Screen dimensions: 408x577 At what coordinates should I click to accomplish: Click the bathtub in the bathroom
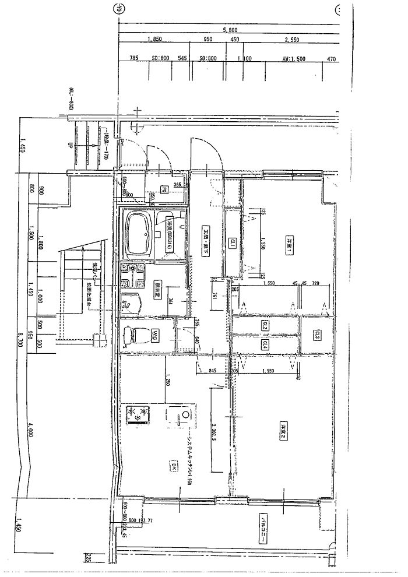[x=138, y=233]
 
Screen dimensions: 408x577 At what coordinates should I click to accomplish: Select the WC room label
[x=156, y=336]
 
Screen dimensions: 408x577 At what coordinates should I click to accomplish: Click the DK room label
[x=174, y=465]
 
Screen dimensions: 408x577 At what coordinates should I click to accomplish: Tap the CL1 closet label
[x=232, y=243]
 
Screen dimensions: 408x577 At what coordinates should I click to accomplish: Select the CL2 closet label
[x=264, y=327]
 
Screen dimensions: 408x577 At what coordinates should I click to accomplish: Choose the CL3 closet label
[x=317, y=335]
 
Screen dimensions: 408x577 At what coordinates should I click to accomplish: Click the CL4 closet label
[x=264, y=344]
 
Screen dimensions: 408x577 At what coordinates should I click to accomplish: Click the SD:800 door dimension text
[x=208, y=59]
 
